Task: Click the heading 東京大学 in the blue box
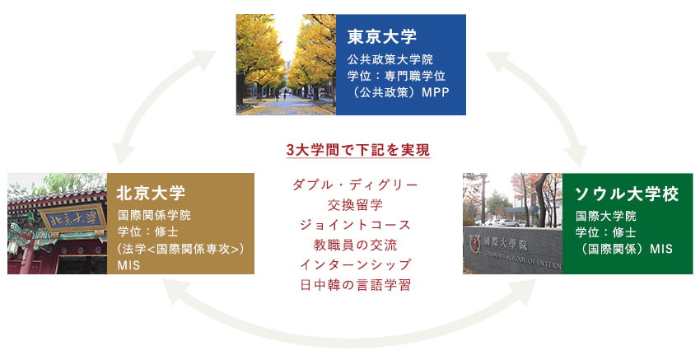381,36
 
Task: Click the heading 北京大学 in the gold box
151,194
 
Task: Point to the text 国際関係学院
155,215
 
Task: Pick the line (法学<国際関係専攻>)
180,249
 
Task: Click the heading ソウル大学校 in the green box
627,194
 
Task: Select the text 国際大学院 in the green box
606,217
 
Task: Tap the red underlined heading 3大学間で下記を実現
358,150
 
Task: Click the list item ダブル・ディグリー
356,185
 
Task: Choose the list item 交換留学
356,205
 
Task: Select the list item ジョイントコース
356,225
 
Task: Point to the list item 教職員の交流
356,245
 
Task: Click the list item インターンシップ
356,265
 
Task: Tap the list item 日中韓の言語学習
356,285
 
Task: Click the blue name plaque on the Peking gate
72,219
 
